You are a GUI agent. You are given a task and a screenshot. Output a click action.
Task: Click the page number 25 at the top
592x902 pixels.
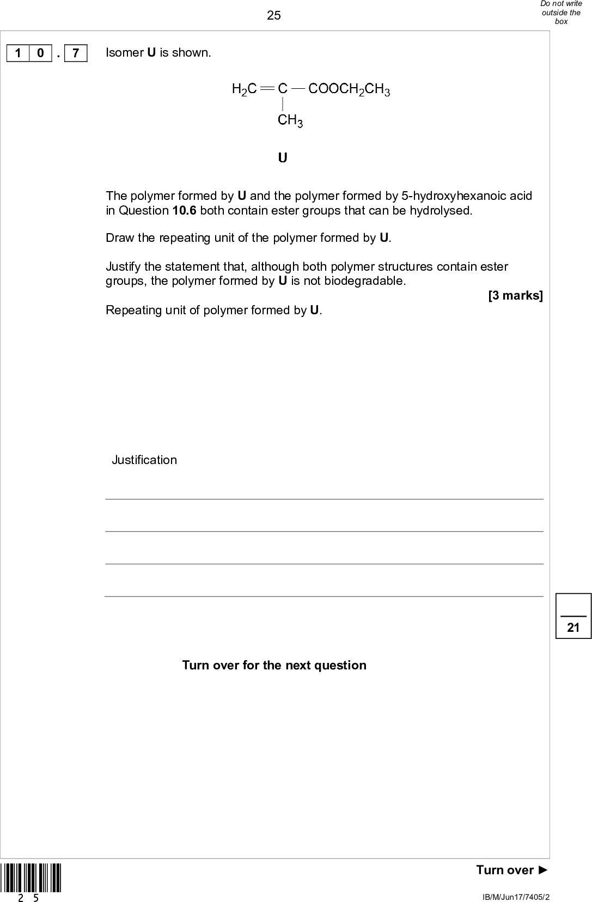(x=274, y=15)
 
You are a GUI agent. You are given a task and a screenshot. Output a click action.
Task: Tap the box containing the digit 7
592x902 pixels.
(x=76, y=53)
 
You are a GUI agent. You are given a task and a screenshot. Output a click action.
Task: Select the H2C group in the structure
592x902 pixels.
(x=244, y=89)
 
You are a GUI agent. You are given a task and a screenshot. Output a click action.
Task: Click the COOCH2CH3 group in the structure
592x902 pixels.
(x=349, y=89)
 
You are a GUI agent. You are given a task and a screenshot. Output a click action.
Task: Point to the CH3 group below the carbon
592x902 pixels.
(x=290, y=120)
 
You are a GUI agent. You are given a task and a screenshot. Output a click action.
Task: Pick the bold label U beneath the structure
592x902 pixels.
(x=283, y=158)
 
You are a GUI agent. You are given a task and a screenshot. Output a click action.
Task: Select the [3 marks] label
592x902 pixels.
(x=515, y=296)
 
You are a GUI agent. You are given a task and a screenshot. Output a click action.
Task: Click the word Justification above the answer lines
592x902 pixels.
(x=144, y=460)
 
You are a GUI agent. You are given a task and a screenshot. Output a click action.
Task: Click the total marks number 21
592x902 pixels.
(x=573, y=627)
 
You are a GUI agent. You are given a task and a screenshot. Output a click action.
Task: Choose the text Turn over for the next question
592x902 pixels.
(x=274, y=665)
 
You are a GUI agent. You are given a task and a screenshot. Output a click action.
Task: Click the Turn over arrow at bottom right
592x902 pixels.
(x=512, y=870)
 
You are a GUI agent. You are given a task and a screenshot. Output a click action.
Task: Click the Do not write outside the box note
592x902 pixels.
(x=561, y=13)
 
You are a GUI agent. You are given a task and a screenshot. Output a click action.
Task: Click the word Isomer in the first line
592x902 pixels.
(x=125, y=53)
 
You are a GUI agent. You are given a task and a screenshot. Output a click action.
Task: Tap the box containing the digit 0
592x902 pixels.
(x=40, y=53)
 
